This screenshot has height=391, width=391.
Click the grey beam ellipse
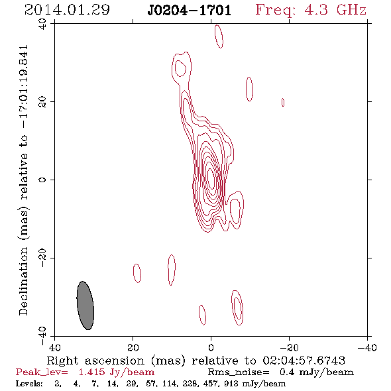[x=85, y=306]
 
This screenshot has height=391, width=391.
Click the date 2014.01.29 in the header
[x=67, y=10]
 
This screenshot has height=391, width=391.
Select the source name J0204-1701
[x=189, y=11]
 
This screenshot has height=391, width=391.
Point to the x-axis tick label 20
[x=133, y=348]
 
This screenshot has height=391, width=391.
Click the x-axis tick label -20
[x=289, y=348]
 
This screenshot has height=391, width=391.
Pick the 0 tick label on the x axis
[x=211, y=348]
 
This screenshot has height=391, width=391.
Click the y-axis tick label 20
[x=42, y=102]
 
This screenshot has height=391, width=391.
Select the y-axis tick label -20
[x=42, y=258]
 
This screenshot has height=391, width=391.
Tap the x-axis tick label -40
[x=367, y=348]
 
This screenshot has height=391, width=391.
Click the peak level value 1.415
[x=91, y=372]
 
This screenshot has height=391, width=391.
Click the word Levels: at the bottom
[x=29, y=384]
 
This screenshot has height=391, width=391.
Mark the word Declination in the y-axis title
[x=23, y=281]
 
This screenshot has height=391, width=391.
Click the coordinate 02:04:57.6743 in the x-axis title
[x=304, y=361]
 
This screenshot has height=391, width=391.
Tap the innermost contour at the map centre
[x=211, y=179]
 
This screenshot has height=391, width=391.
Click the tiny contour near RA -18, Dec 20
[x=283, y=102]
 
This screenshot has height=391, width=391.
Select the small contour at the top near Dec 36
[x=219, y=36]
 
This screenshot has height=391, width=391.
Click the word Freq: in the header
[x=276, y=11]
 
